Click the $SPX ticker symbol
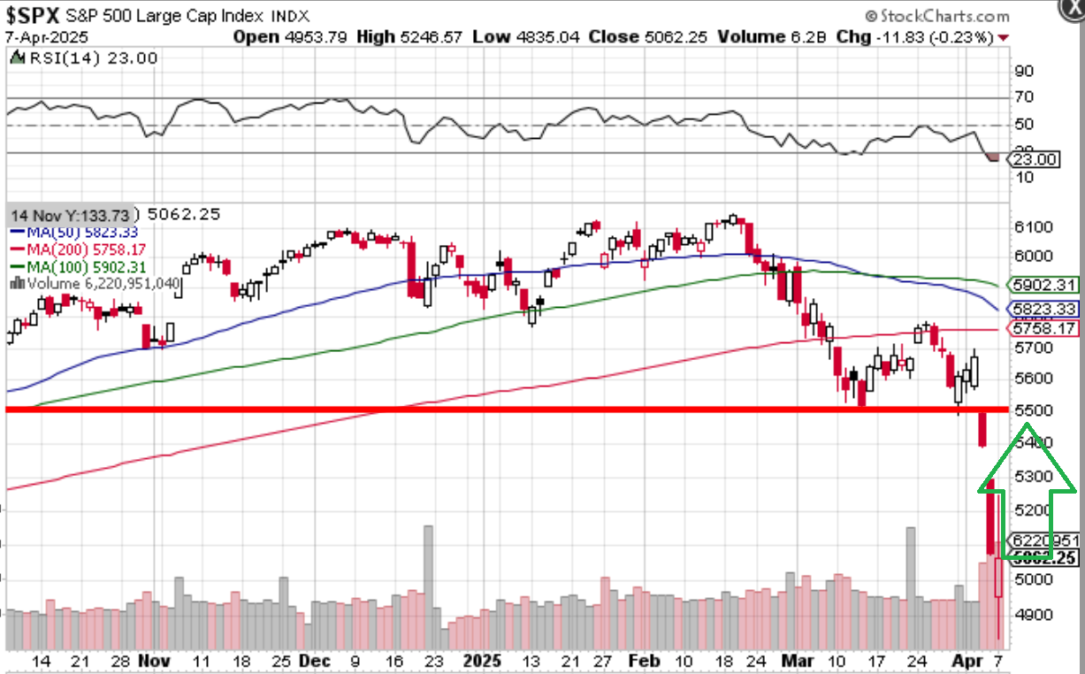point(34,15)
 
